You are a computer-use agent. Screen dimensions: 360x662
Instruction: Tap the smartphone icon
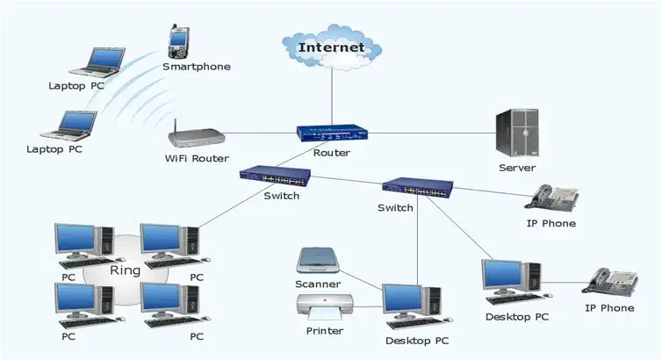tap(179, 40)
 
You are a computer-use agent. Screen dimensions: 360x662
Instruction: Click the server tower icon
tap(516, 132)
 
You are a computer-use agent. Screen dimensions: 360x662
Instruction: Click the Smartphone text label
tap(197, 67)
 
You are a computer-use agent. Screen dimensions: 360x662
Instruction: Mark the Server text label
tap(517, 168)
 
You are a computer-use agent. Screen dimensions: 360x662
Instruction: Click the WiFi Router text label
tap(197, 159)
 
